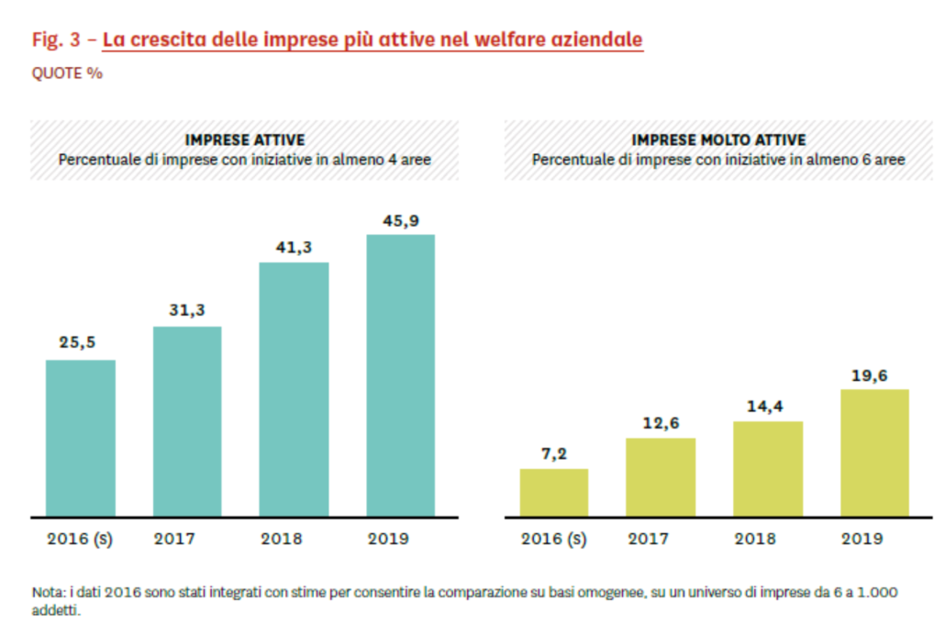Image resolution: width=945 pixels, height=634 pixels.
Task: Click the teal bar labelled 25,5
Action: coord(81,438)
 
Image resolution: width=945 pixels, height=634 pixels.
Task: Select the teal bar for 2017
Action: coord(187,421)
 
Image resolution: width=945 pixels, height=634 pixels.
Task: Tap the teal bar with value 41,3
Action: coord(294,389)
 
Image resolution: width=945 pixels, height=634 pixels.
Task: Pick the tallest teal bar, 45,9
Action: coord(400,375)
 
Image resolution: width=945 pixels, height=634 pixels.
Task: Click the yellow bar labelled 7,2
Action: coord(554,493)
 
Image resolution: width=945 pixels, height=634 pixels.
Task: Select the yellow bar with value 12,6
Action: coord(661,477)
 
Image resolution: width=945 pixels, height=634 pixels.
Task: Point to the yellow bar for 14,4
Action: coord(768,469)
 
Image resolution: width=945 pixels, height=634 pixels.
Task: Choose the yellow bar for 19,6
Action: coord(874,452)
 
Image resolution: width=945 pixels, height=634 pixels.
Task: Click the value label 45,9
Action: coord(400,219)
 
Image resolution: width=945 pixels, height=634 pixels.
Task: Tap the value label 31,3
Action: coord(187,311)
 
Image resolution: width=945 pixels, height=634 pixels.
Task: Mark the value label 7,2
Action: coord(554,453)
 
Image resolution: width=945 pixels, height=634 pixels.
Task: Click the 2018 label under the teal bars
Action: coord(294,539)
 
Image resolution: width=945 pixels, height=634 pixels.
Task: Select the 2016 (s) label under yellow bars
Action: coord(554,539)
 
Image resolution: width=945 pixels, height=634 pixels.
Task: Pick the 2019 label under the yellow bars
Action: coord(874,539)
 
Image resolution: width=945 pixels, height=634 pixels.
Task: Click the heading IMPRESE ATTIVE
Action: coord(245,140)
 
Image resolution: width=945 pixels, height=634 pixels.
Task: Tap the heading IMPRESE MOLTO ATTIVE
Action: coord(718,140)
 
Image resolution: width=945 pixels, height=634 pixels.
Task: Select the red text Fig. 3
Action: coord(57,40)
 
